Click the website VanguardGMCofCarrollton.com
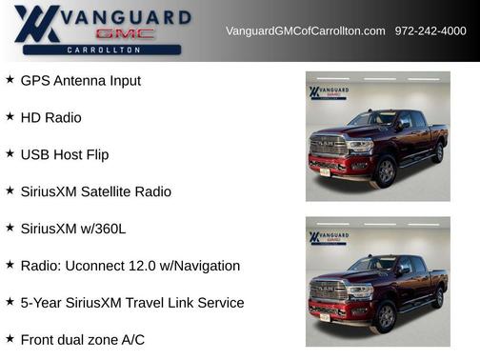click(305, 31)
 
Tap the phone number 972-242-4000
click(430, 31)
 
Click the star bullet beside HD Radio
click(10, 116)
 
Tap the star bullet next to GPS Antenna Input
click(10, 80)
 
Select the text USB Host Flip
click(64, 154)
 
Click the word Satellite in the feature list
click(107, 191)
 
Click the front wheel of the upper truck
click(385, 171)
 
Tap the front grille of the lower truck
click(329, 290)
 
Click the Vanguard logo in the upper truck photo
click(328, 93)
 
